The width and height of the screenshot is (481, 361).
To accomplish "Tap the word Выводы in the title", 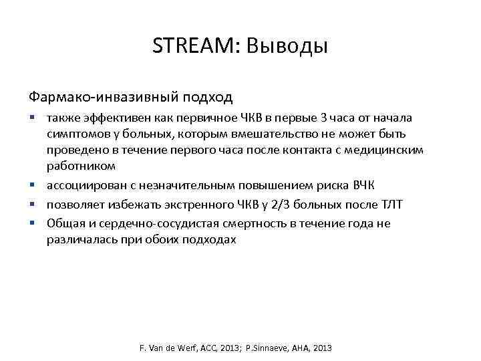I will [287, 46].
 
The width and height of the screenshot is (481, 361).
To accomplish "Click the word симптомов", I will [76, 134].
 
